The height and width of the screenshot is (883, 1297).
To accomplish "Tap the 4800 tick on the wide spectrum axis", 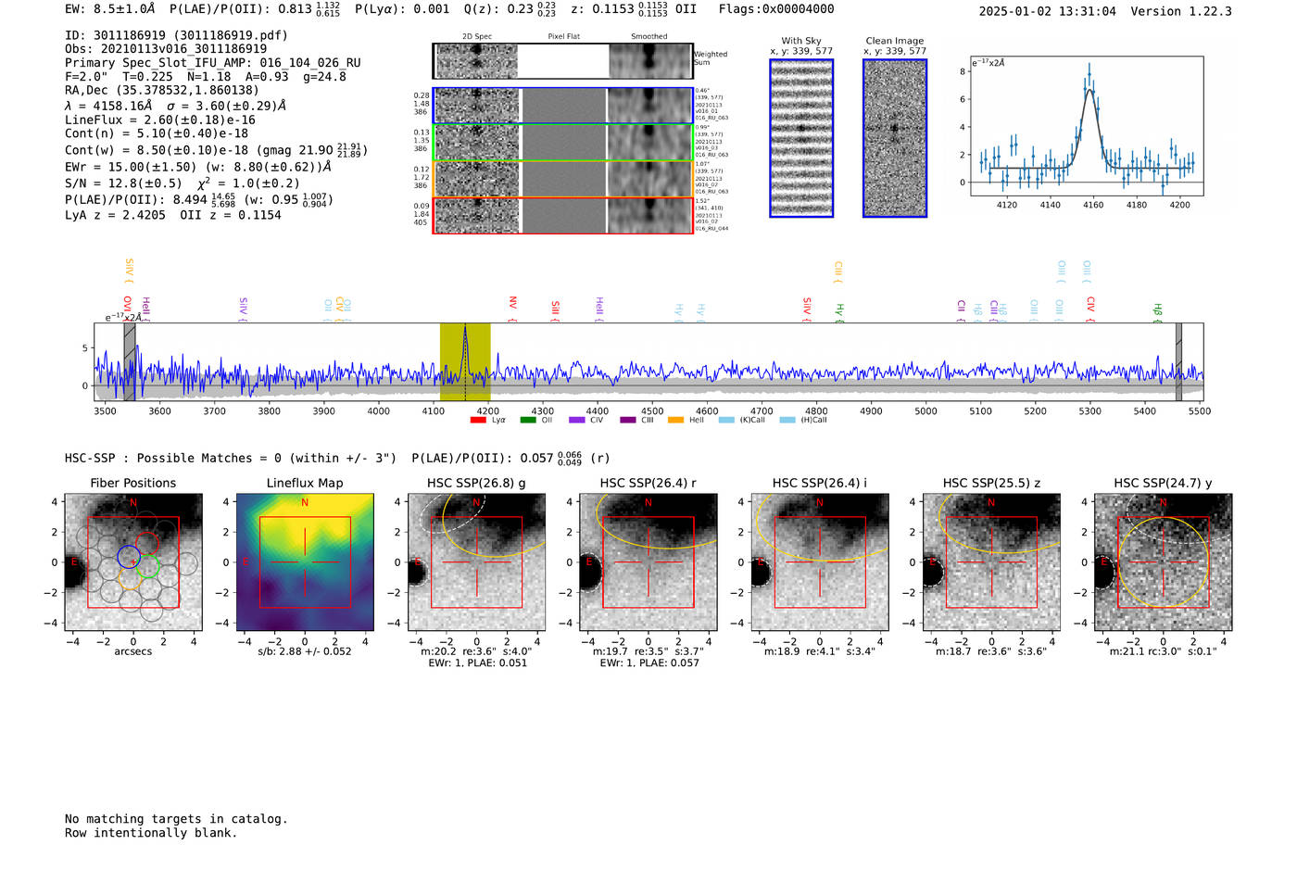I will [x=816, y=410].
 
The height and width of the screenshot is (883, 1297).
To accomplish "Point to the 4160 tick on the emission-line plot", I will [x=1093, y=205].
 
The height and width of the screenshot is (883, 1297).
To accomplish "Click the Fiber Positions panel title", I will [x=132, y=483].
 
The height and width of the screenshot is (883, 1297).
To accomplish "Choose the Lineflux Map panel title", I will [x=305, y=483].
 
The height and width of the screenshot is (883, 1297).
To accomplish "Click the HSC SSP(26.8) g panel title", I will [x=476, y=483].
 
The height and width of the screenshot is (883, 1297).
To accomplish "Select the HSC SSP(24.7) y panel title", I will [x=1163, y=483].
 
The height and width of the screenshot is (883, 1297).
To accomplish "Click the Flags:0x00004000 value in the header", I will [x=776, y=9].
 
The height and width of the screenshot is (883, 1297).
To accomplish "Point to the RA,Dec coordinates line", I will [x=162, y=90].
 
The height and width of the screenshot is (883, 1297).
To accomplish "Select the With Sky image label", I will [x=801, y=41].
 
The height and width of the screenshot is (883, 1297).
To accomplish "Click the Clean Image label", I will [x=895, y=41].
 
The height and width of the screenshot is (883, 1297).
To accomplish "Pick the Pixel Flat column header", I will [x=563, y=36].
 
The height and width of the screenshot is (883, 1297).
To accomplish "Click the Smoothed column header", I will [x=649, y=36].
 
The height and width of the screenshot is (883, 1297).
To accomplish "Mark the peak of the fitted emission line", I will [x=1090, y=90].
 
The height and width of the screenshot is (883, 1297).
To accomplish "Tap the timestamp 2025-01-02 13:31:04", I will [x=1048, y=11].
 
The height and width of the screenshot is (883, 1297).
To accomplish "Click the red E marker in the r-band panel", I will [x=589, y=561].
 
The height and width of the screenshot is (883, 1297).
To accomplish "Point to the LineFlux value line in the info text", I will [x=160, y=120].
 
